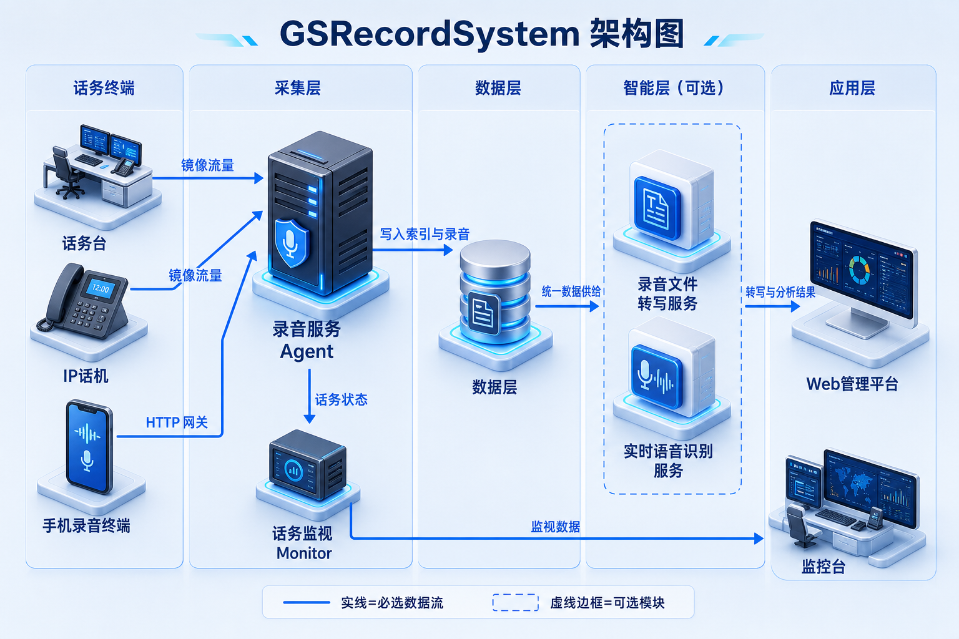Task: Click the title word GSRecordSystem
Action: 430,35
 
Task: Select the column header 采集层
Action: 298,88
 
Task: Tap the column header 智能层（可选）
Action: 674,88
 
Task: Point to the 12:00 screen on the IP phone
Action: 101,288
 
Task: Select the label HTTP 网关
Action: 177,423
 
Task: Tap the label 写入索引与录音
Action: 425,234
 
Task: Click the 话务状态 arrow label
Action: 342,400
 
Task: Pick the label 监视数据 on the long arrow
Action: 555,527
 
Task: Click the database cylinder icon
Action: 495,291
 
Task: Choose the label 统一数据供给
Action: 571,291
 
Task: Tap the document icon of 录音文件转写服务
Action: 657,208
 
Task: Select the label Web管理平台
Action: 852,384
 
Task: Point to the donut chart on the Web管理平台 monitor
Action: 859,270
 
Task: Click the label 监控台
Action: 824,567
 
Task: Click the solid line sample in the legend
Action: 307,603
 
